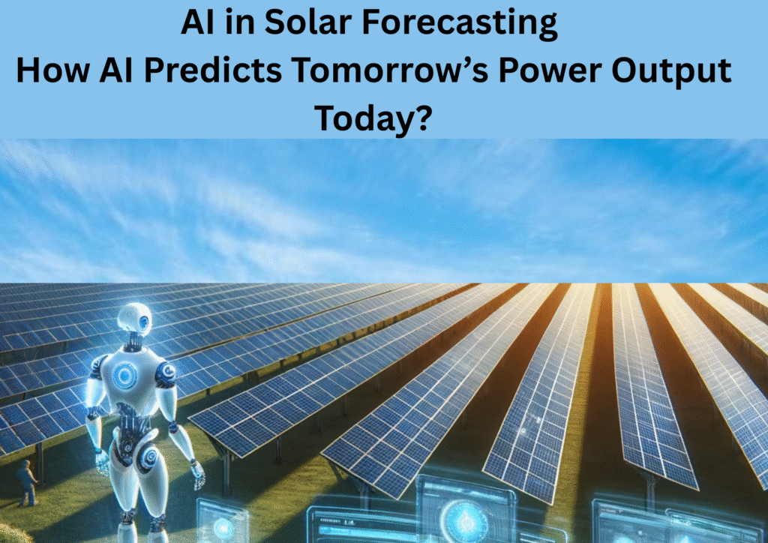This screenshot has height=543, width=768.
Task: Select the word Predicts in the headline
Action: point(213,70)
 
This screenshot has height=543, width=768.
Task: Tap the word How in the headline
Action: point(53,70)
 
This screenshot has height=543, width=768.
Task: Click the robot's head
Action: point(133,319)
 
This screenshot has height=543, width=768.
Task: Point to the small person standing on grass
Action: point(26,483)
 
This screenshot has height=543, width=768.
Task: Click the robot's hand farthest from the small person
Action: point(197,474)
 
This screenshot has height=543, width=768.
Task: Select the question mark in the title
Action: point(424,118)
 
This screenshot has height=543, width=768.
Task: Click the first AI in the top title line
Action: point(198,22)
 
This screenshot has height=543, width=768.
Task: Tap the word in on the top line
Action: point(240,22)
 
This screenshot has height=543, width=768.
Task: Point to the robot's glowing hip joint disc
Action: point(148,457)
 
